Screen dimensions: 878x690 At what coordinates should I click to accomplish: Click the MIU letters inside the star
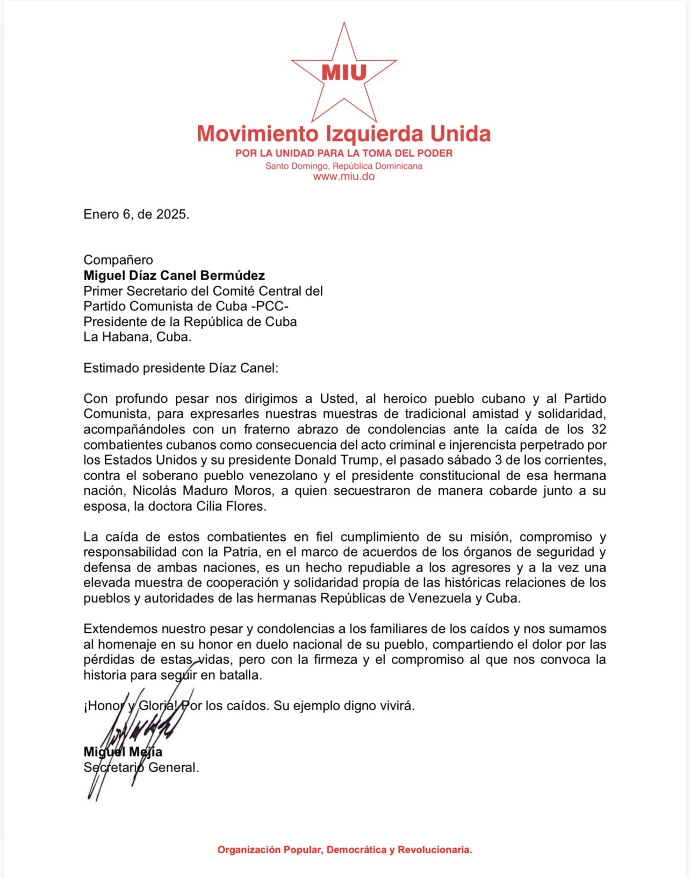tap(344, 72)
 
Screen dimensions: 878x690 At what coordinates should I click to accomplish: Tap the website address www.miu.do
tap(344, 176)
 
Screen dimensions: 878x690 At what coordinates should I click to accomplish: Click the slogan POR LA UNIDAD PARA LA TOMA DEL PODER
tap(344, 153)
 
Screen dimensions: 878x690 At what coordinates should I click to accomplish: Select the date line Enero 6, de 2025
tap(136, 214)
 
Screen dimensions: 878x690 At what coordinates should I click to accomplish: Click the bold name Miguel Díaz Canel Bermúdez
tap(174, 276)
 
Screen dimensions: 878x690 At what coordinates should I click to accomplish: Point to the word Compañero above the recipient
tap(118, 260)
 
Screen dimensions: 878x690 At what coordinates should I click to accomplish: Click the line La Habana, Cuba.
tap(138, 337)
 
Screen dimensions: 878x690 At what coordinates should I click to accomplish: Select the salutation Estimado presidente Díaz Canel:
tap(181, 368)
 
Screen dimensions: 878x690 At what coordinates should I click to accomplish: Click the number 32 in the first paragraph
tap(598, 430)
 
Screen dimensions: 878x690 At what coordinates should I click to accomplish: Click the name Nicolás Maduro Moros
tap(203, 491)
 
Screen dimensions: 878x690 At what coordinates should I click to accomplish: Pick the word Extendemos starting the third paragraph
tap(120, 629)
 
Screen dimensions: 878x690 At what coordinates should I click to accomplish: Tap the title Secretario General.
tap(141, 768)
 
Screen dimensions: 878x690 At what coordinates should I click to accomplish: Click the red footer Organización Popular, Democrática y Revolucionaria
tap(344, 850)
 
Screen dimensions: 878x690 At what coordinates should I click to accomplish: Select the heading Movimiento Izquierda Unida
tap(344, 133)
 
